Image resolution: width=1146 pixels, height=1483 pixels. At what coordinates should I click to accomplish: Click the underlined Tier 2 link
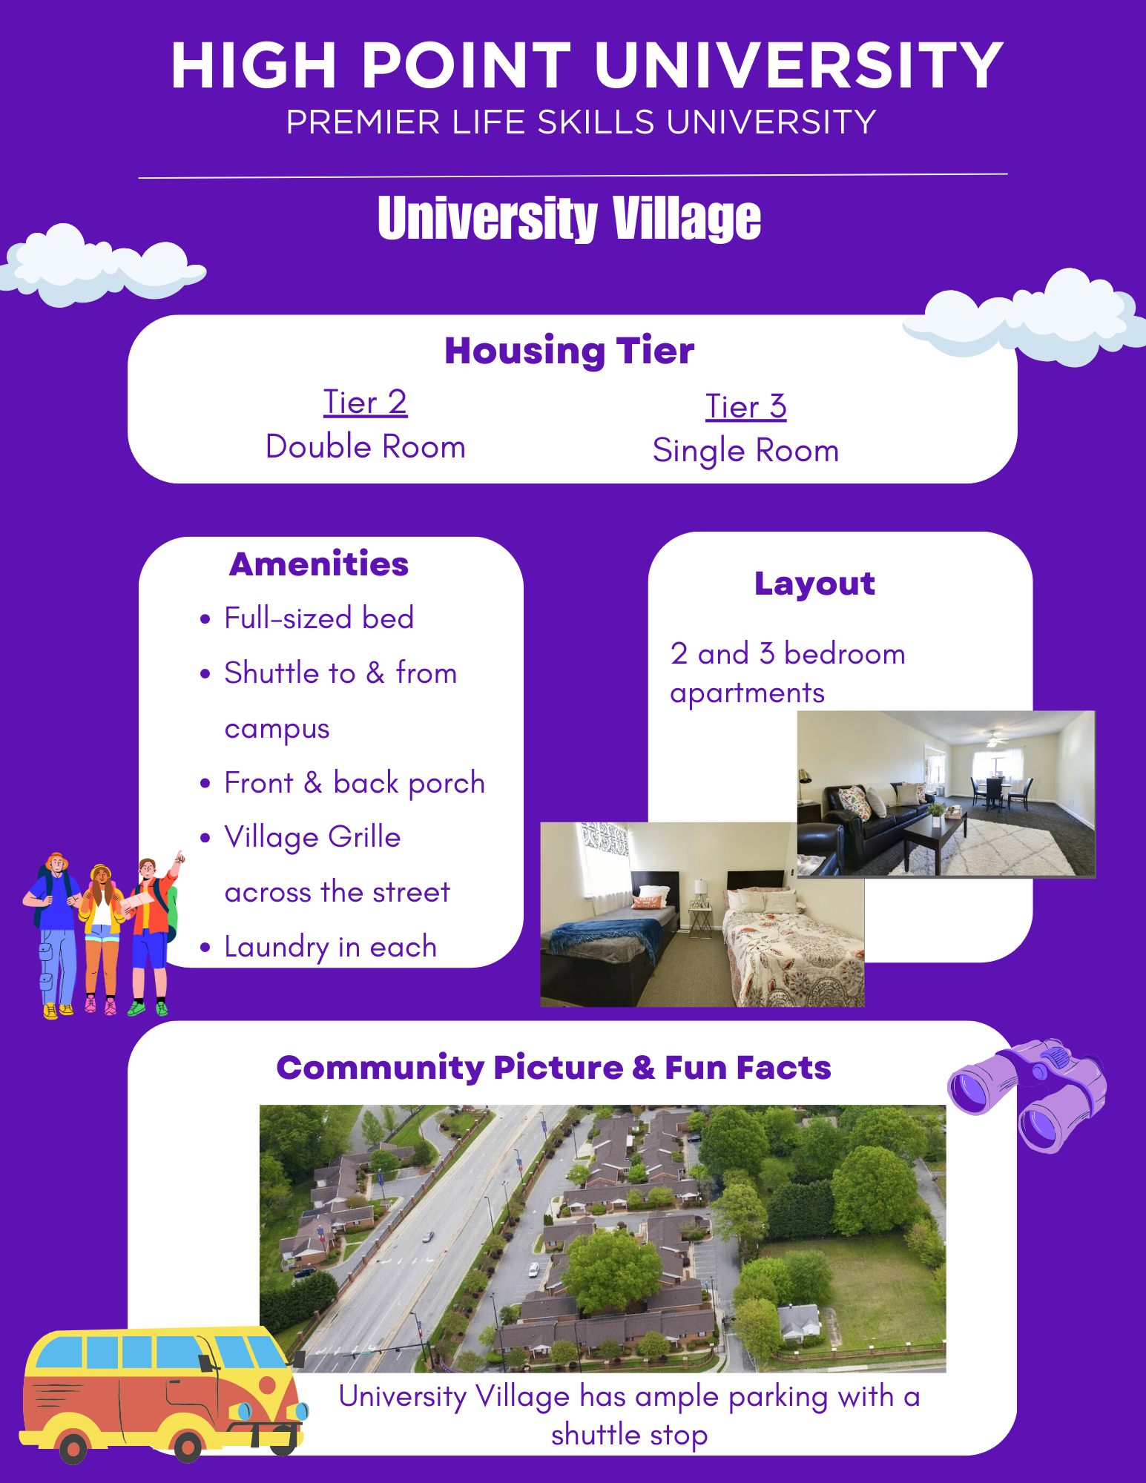pyautogui.click(x=365, y=403)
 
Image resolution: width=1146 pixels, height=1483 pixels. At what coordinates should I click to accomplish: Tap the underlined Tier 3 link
pyautogui.click(x=745, y=406)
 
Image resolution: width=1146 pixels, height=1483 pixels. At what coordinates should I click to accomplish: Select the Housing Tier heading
pyautogui.click(x=569, y=350)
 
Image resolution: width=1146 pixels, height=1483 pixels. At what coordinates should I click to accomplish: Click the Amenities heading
pyautogui.click(x=319, y=564)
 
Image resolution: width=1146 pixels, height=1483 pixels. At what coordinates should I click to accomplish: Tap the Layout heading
pyautogui.click(x=814, y=584)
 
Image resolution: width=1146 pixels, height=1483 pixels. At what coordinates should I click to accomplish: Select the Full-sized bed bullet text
pyautogui.click(x=319, y=618)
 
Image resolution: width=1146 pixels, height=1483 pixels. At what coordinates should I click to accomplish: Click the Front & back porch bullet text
pyautogui.click(x=355, y=783)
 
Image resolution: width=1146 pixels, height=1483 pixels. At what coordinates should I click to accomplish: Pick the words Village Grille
pyautogui.click(x=312, y=837)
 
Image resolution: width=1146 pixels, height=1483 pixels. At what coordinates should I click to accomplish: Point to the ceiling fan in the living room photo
pyautogui.click(x=993, y=739)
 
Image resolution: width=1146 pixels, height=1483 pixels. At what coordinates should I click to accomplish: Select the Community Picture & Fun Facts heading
pyautogui.click(x=553, y=1068)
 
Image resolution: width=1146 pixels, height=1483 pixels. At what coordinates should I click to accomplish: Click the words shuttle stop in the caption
pyautogui.click(x=629, y=1435)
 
